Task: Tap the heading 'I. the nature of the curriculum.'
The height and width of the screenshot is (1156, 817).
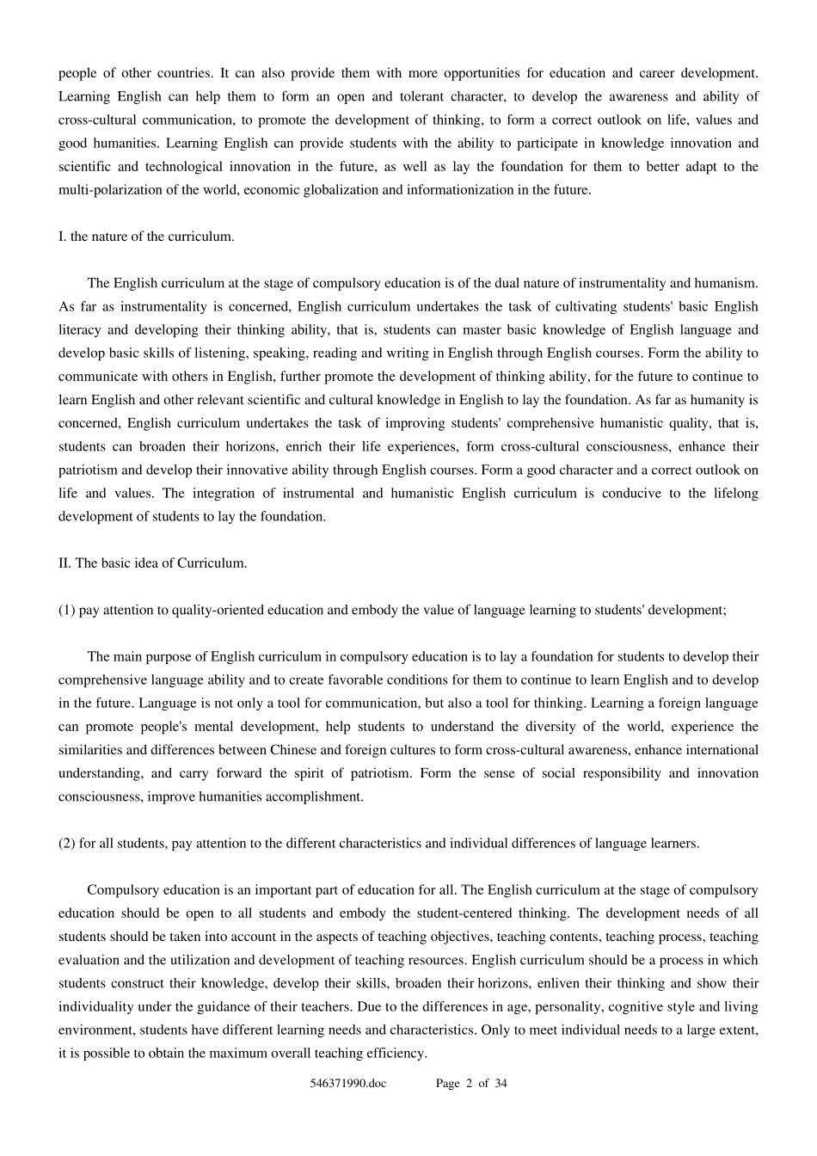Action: pyautogui.click(x=146, y=237)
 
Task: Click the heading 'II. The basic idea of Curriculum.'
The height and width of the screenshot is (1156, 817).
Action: pyautogui.click(x=153, y=563)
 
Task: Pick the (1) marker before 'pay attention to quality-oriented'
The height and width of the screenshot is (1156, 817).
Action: pyautogui.click(x=67, y=610)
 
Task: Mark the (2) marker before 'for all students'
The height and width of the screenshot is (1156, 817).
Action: pyautogui.click(x=67, y=843)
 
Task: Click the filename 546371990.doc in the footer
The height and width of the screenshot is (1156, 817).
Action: pyautogui.click(x=348, y=1084)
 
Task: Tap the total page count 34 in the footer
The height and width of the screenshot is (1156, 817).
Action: pyautogui.click(x=501, y=1084)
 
